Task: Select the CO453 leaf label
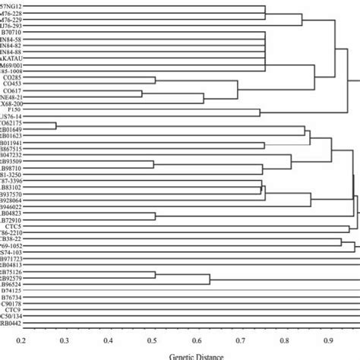[x=14, y=84]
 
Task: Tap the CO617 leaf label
[x=14, y=91]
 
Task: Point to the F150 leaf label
[x=14, y=110]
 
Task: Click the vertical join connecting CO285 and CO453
[x=155, y=81]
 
